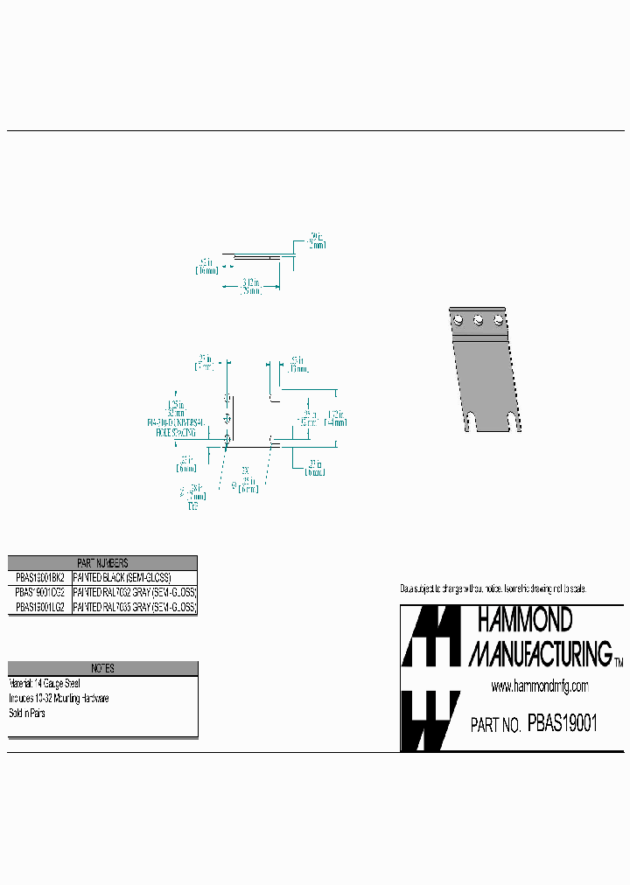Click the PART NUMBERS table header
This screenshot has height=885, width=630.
click(x=102, y=563)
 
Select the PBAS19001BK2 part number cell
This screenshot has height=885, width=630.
click(x=40, y=578)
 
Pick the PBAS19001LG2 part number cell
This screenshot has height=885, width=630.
click(x=40, y=606)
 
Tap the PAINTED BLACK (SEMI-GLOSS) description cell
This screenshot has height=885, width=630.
click(x=122, y=578)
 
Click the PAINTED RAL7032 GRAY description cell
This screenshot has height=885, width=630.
click(x=135, y=592)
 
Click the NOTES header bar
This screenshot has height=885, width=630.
click(x=102, y=668)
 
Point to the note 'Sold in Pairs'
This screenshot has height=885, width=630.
click(x=27, y=713)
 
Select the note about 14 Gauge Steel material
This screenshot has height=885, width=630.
click(x=45, y=683)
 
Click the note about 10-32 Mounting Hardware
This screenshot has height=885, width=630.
click(x=59, y=698)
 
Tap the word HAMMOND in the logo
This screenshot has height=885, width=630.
click(x=524, y=621)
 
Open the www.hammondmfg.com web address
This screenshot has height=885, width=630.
click(x=540, y=686)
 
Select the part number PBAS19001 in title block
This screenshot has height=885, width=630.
click(x=563, y=724)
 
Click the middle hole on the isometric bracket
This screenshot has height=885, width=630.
click(x=478, y=320)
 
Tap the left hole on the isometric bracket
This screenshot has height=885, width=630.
click(x=457, y=319)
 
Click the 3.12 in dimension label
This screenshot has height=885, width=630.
click(x=249, y=283)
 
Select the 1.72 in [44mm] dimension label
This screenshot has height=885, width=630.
click(x=336, y=417)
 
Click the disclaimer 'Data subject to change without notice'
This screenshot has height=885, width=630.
click(x=492, y=589)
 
